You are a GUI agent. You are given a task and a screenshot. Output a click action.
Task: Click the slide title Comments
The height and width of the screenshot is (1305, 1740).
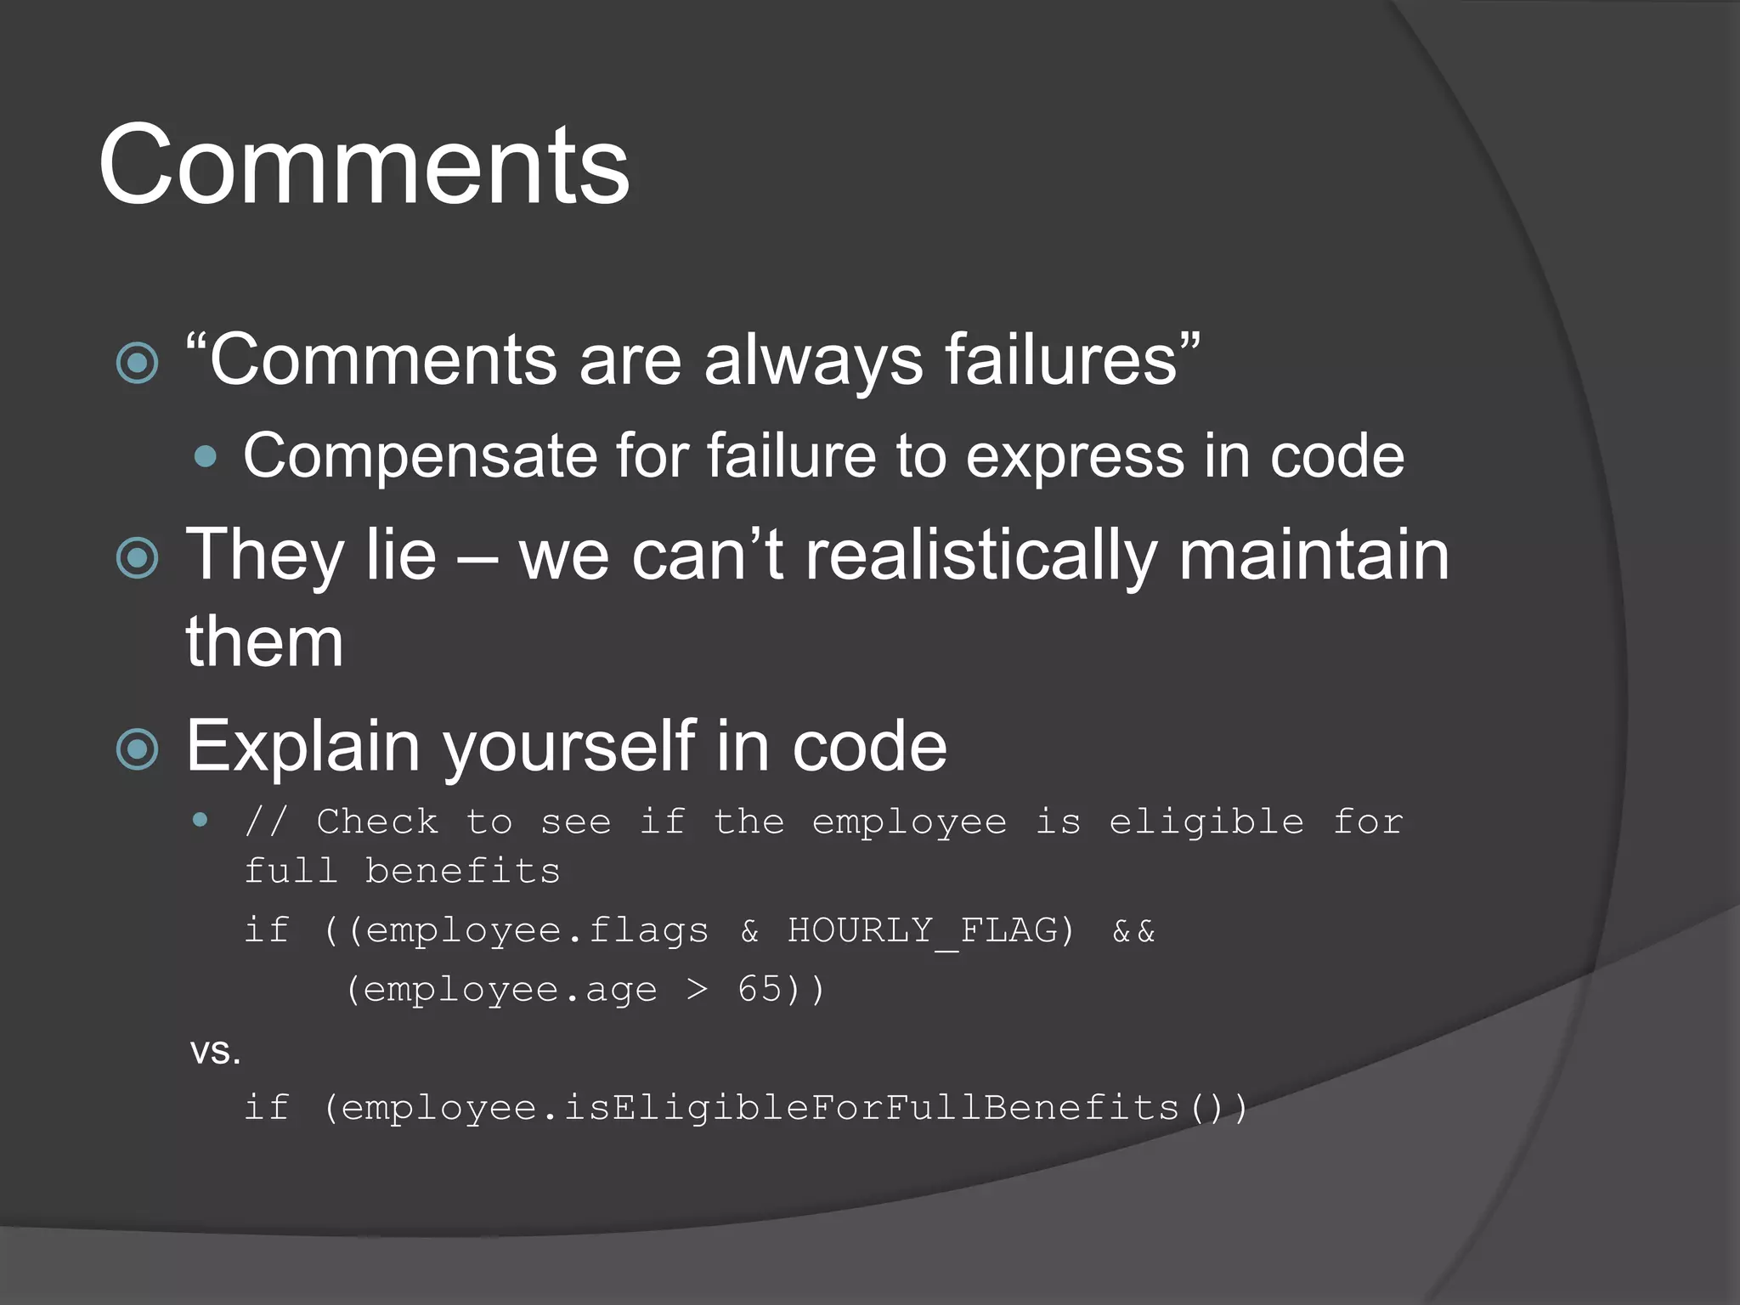click(x=364, y=165)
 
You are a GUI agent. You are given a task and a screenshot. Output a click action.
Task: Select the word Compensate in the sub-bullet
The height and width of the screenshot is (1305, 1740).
click(x=421, y=456)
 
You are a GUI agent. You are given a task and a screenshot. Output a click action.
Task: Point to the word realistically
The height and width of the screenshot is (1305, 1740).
click(x=980, y=555)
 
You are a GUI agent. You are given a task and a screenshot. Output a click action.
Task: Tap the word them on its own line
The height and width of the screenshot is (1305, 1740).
click(x=265, y=641)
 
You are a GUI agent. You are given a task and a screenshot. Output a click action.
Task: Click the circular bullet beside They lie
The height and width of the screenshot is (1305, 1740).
click(x=138, y=558)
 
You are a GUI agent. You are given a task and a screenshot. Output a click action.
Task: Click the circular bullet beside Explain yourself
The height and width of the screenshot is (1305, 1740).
click(x=138, y=749)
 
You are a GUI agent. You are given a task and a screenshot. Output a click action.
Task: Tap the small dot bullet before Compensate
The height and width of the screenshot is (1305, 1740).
click(x=205, y=458)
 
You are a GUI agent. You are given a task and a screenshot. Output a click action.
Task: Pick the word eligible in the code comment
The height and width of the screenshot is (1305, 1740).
click(x=1206, y=822)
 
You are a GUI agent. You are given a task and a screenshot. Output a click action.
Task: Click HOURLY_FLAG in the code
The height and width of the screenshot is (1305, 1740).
click(x=923, y=930)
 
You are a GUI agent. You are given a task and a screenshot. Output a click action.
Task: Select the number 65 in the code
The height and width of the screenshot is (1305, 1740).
click(x=760, y=989)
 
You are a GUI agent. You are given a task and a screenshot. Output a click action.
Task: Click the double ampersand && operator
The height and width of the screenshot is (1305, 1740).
click(x=1133, y=931)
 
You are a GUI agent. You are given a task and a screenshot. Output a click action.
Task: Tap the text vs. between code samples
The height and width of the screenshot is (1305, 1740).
click(x=216, y=1052)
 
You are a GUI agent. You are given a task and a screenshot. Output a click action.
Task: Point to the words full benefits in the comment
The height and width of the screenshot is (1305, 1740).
click(x=402, y=872)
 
